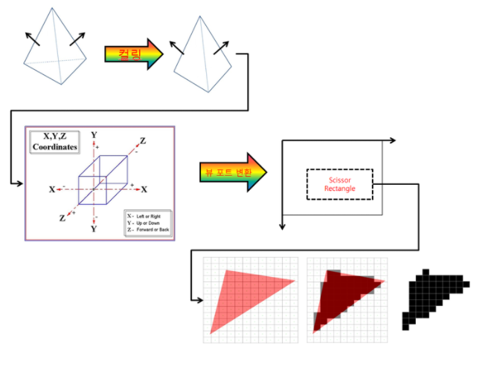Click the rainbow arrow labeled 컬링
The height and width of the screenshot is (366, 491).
tap(132, 54)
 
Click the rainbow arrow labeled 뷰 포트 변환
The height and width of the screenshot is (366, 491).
tap(233, 172)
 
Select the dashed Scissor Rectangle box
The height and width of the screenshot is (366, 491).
tap(340, 183)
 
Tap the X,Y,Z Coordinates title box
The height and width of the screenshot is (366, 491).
tap(54, 141)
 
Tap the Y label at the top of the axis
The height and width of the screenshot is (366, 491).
tap(94, 135)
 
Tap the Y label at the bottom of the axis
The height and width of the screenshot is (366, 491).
tap(94, 230)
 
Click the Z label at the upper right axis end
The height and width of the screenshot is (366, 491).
tap(143, 140)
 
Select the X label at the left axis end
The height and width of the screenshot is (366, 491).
tap(52, 189)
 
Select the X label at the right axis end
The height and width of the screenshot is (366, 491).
tap(145, 189)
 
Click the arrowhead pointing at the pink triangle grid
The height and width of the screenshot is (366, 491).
tap(199, 299)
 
